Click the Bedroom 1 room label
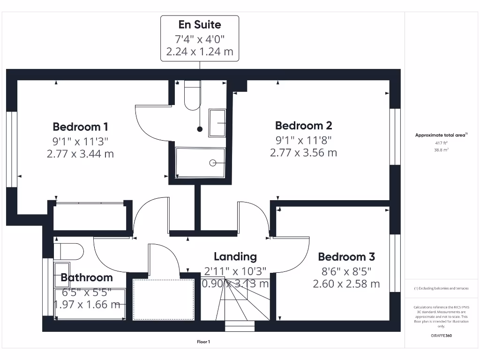[x=80, y=127]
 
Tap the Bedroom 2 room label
[x=303, y=126]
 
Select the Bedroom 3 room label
[x=346, y=257]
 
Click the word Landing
[x=235, y=256]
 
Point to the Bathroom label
[x=87, y=277]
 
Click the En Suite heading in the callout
[x=200, y=24]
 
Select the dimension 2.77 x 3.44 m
[x=80, y=153]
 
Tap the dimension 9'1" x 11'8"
[x=303, y=139]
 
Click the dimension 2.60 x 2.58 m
[x=346, y=284]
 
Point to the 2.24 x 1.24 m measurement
[x=200, y=51]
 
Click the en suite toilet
[x=192, y=96]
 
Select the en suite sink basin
[x=217, y=123]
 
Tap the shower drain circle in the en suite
[x=213, y=163]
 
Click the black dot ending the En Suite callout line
[x=200, y=129]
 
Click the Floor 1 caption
[x=203, y=342]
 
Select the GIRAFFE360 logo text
[x=441, y=336]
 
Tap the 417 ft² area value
[x=441, y=143]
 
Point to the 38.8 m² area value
[x=441, y=150]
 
